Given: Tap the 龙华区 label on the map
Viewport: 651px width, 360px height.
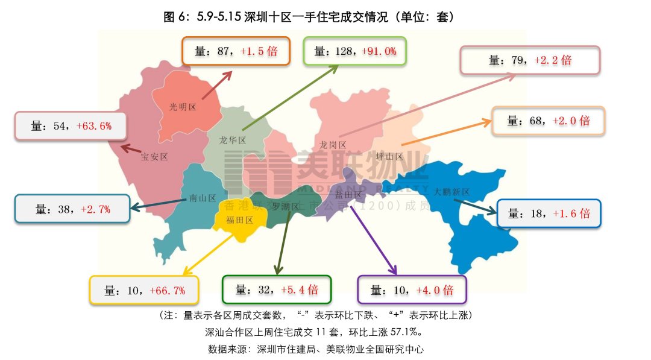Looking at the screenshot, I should click(232, 140).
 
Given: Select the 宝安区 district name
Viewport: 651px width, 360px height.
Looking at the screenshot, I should click(154, 157).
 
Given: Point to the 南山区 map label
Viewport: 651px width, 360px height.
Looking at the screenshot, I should click(202, 198).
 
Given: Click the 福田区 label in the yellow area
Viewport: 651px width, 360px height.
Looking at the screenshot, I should click(239, 220).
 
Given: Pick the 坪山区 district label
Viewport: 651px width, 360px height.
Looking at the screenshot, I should click(389, 156).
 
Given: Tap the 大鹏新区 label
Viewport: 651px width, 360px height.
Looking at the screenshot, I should click(451, 192).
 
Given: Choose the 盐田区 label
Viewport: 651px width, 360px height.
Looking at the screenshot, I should click(349, 195).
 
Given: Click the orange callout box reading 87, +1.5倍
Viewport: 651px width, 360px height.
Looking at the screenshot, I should click(236, 51).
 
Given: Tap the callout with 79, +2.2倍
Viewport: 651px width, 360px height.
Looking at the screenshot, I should click(530, 60).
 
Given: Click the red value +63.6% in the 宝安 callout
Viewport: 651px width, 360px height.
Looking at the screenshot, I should click(93, 126).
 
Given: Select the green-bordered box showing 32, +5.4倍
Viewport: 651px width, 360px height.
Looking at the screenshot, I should click(277, 289).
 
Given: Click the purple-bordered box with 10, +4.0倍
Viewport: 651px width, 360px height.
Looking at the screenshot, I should click(412, 290).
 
